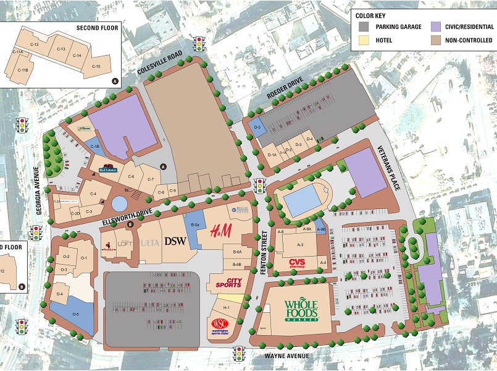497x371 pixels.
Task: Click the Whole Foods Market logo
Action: click(300, 310)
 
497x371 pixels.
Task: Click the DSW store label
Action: click(176, 242)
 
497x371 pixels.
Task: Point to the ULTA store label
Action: click(149, 242)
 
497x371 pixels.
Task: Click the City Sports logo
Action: click(228, 283)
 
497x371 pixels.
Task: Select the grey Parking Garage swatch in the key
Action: click(364, 27)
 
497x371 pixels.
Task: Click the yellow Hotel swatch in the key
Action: click(364, 40)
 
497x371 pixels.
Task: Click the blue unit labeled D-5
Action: click(259, 128)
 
